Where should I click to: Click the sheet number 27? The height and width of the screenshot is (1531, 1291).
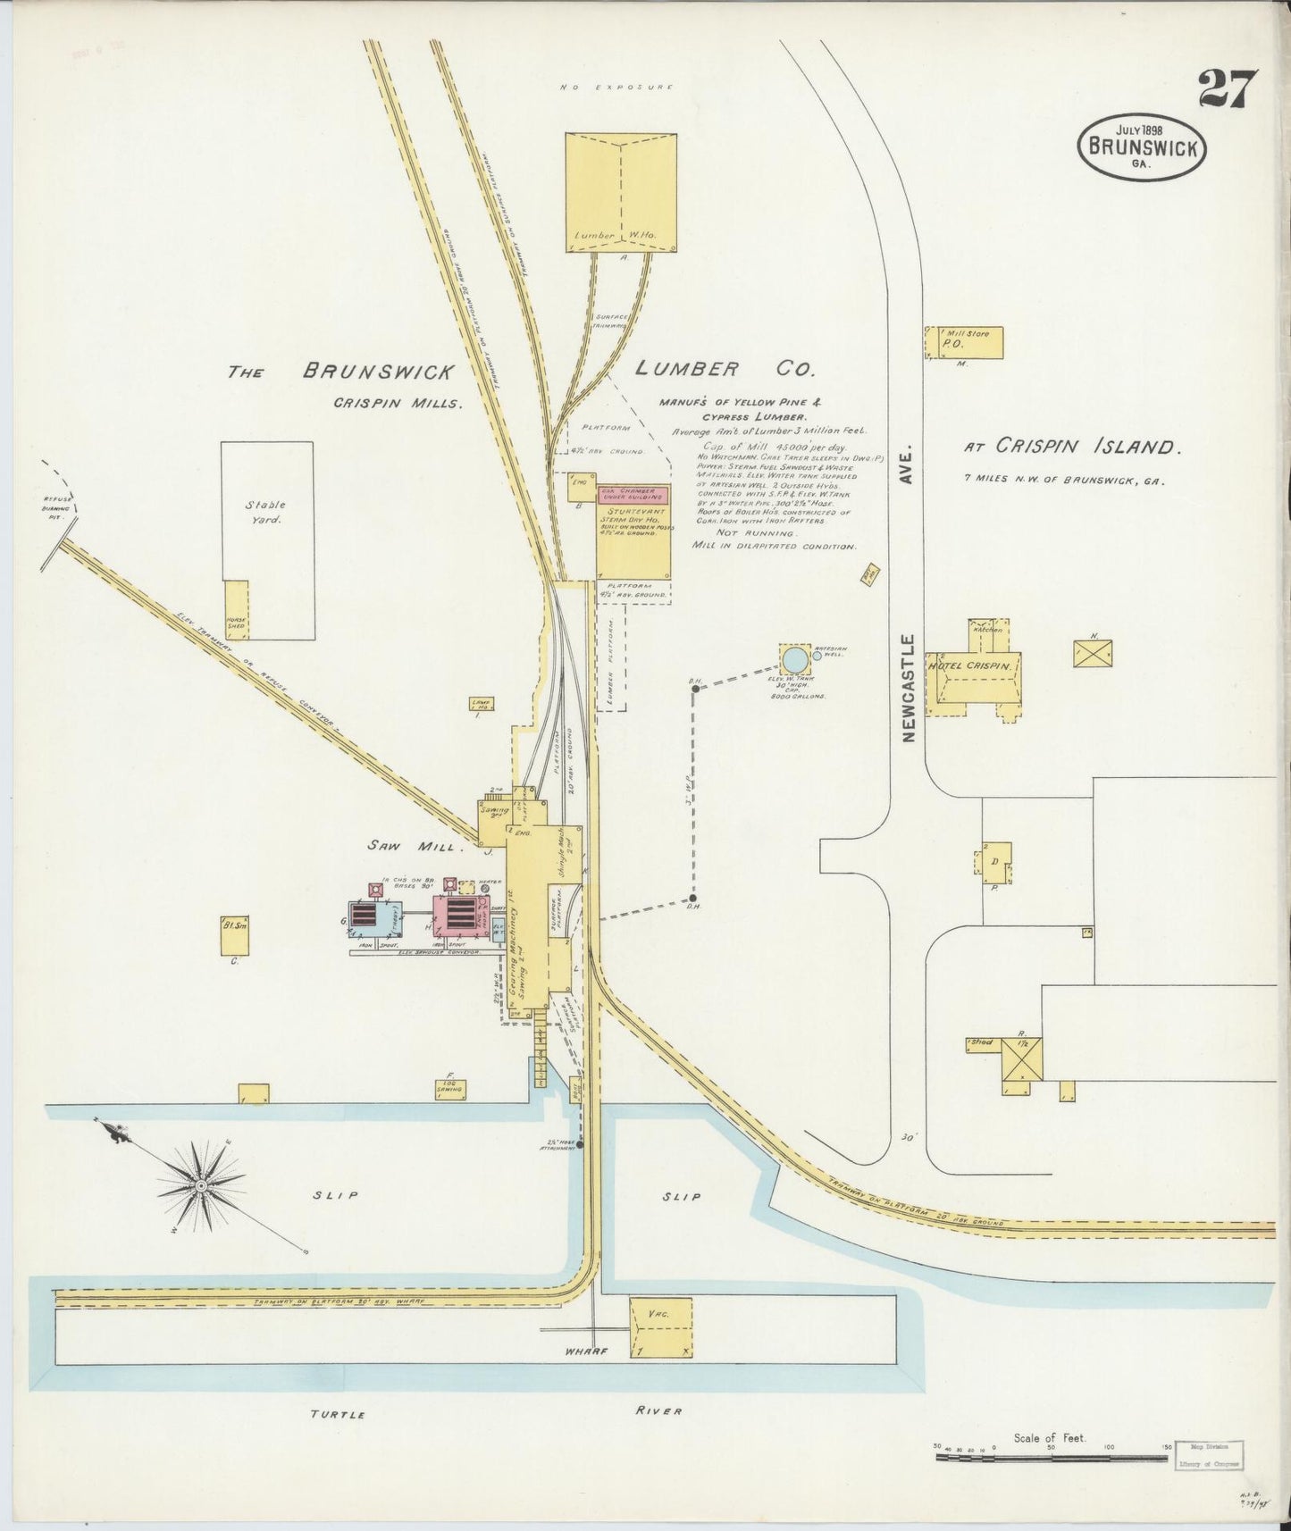[1228, 88]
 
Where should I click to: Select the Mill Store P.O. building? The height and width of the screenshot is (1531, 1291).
[964, 343]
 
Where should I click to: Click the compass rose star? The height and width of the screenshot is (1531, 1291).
[201, 1184]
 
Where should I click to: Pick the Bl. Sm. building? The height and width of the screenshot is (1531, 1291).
[234, 934]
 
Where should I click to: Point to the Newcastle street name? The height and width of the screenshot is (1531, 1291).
[910, 688]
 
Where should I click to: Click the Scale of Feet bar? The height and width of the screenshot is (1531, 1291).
[1052, 1457]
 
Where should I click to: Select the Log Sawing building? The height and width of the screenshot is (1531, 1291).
[449, 1087]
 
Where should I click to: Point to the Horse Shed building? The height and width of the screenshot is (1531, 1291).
[236, 610]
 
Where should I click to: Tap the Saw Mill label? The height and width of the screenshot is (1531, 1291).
[411, 844]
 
